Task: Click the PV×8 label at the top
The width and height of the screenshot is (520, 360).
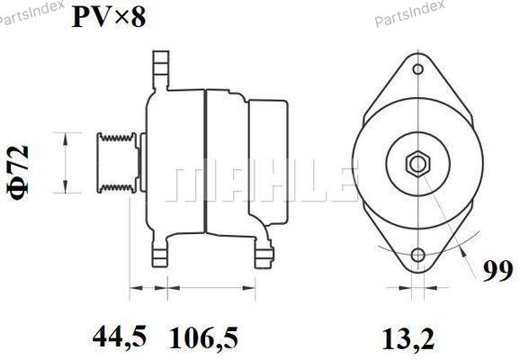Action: point(109,17)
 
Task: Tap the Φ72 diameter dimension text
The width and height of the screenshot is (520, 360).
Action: point(18,173)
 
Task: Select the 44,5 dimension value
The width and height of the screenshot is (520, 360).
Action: point(120,337)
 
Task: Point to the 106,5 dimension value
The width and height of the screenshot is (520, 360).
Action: point(203,337)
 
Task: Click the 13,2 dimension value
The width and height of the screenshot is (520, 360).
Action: point(408,338)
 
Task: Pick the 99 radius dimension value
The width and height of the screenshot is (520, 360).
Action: point(498,272)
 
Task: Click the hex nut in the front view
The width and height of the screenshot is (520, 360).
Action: point(417,164)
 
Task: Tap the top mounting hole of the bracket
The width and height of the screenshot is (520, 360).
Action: point(417,69)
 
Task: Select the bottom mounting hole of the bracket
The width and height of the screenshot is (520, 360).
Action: point(417,255)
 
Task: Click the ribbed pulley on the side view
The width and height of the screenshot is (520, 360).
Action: point(116,163)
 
